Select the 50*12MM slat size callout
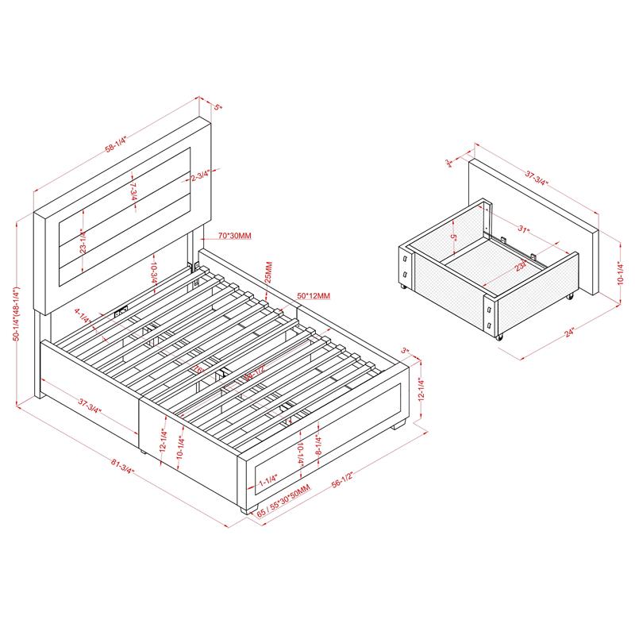[313, 295]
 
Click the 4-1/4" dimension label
[81, 315]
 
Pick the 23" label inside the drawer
[519, 268]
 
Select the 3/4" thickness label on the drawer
[450, 164]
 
